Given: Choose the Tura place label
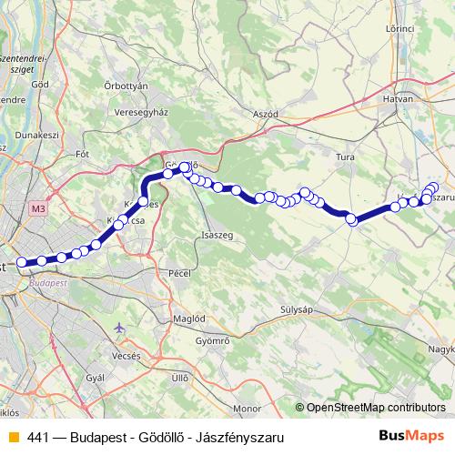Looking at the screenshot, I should point(345,157).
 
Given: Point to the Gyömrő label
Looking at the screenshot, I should point(213,340).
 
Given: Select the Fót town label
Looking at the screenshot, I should point(83,154).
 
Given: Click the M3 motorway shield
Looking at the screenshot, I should point(37,208).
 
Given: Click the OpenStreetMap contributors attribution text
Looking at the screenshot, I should point(375,408).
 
